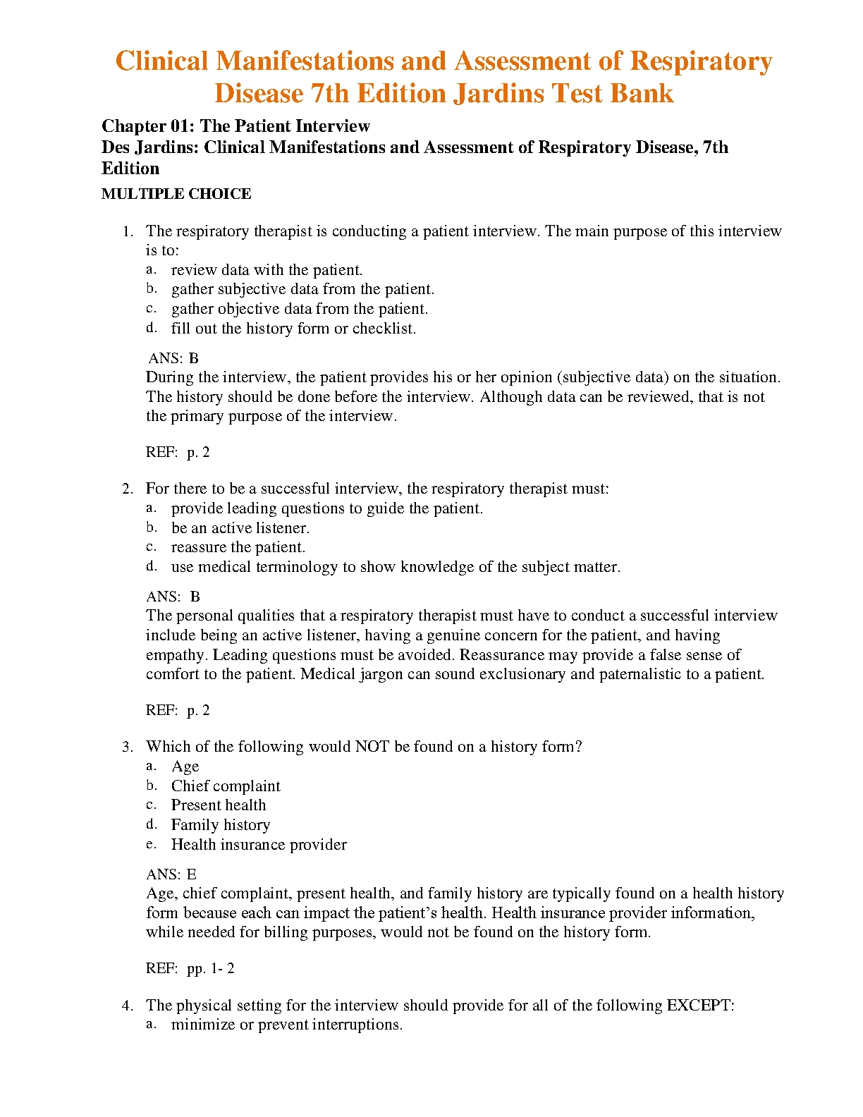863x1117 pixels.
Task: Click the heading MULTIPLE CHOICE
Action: click(x=176, y=194)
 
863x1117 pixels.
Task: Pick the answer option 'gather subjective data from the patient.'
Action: click(x=302, y=289)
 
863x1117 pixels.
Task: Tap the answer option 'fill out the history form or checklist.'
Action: click(x=293, y=329)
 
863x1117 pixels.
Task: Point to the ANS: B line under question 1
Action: click(x=173, y=358)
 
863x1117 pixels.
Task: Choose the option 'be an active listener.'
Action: click(x=240, y=528)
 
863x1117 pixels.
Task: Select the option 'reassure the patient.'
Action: click(x=238, y=547)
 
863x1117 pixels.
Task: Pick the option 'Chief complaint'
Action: click(x=225, y=786)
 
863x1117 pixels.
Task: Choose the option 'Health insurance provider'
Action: click(x=259, y=845)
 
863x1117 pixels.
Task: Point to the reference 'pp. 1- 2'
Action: click(x=210, y=968)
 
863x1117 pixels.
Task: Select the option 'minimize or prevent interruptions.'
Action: click(x=286, y=1025)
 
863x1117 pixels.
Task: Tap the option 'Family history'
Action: click(x=220, y=825)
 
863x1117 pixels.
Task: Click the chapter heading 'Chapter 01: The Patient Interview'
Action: click(x=235, y=126)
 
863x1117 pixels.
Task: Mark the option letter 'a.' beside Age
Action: click(x=152, y=766)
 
